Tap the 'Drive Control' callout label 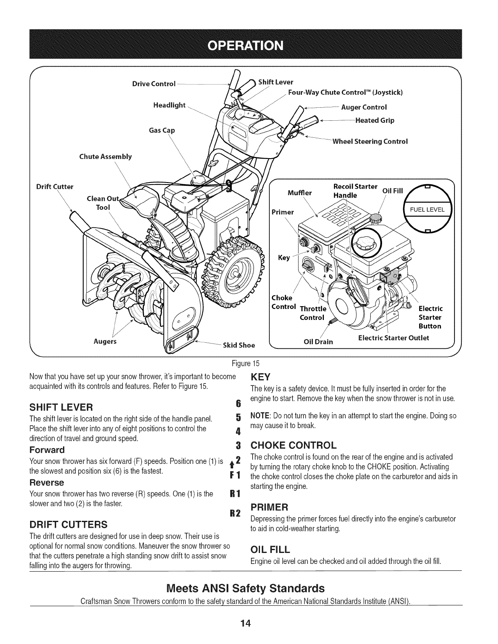[x=154, y=84]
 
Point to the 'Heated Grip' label [x=375, y=120]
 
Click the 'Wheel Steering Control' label [x=370, y=141]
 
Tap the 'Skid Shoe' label [x=239, y=346]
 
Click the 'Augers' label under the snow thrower [x=105, y=341]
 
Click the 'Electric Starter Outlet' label [x=393, y=337]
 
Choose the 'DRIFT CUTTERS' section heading [x=67, y=523]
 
